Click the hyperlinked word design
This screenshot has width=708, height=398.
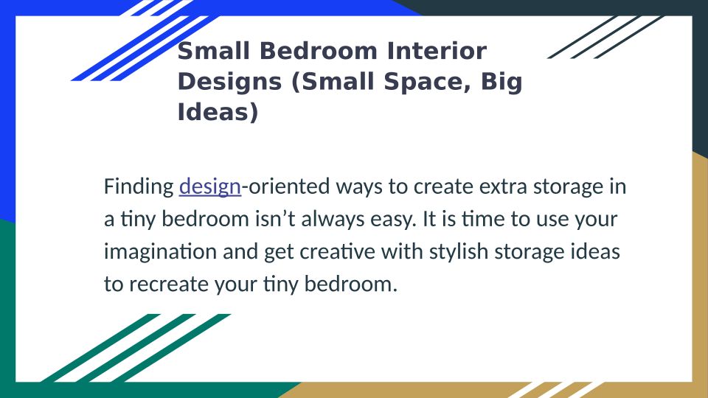(210, 186)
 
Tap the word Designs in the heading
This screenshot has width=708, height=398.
(230, 82)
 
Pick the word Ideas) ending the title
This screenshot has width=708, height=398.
(218, 112)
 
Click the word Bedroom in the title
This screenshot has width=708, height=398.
(318, 51)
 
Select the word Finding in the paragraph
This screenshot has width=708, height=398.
(139, 186)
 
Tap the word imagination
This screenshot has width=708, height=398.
(160, 252)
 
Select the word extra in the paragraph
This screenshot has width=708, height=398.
(502, 186)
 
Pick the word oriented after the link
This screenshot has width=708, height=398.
(289, 186)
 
